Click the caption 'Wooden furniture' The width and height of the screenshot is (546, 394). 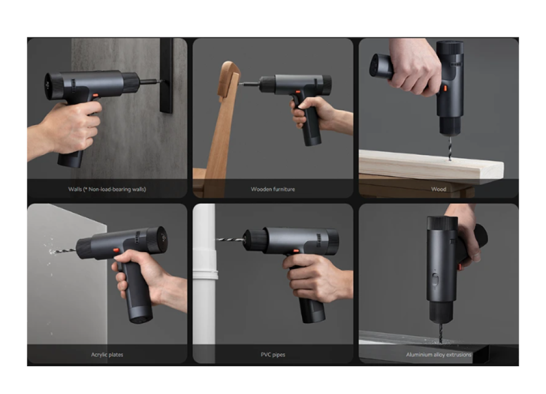272,189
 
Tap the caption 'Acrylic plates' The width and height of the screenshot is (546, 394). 107,354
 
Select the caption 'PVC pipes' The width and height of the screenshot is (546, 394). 272,354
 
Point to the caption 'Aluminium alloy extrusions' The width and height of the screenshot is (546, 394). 438,354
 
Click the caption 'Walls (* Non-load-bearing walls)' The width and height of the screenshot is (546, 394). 107,189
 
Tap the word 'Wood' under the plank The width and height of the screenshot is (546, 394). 438,189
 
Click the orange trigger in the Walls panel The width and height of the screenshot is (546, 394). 95,95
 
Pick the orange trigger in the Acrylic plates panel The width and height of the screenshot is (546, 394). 116,250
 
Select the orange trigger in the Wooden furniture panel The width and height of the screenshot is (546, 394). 298,92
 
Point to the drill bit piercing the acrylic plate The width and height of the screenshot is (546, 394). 63,250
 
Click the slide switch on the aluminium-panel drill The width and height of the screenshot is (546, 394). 435,279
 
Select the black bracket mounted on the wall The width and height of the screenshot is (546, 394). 167,76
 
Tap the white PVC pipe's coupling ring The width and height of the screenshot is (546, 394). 205,276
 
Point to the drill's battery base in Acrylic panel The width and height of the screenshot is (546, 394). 141,314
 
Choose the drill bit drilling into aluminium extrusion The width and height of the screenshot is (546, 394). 441,332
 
